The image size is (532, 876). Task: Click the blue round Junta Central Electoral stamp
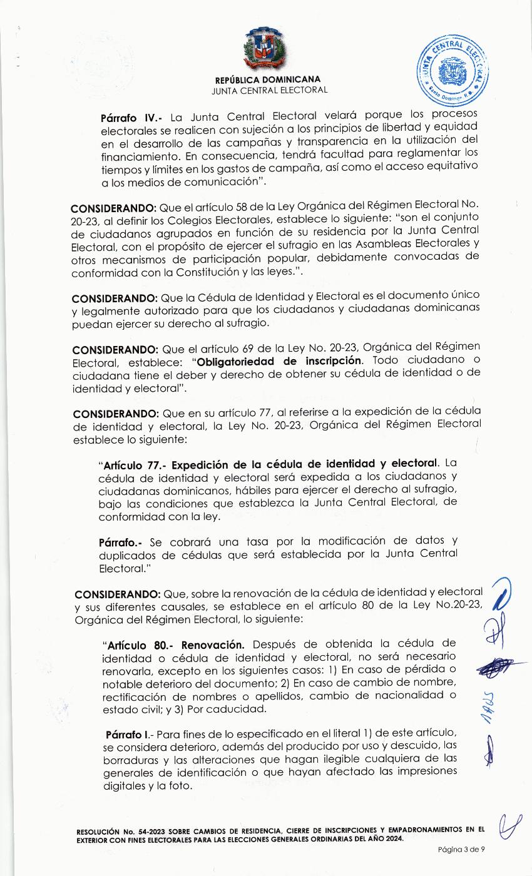453,71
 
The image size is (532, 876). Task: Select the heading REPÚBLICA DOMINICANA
268,79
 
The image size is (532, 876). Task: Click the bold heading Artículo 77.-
135,464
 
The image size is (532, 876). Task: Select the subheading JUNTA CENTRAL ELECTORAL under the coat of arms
270,90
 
